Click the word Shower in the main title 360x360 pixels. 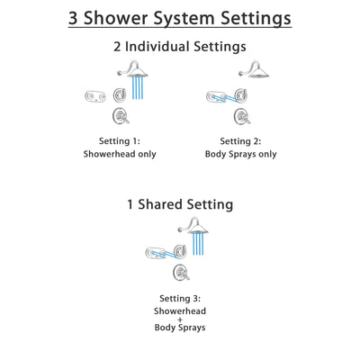[x=120, y=17]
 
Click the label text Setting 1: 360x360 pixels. [x=121, y=140]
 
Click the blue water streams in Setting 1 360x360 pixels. [x=139, y=88]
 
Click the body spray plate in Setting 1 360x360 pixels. [x=96, y=97]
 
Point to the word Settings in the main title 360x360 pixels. [x=250, y=17]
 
